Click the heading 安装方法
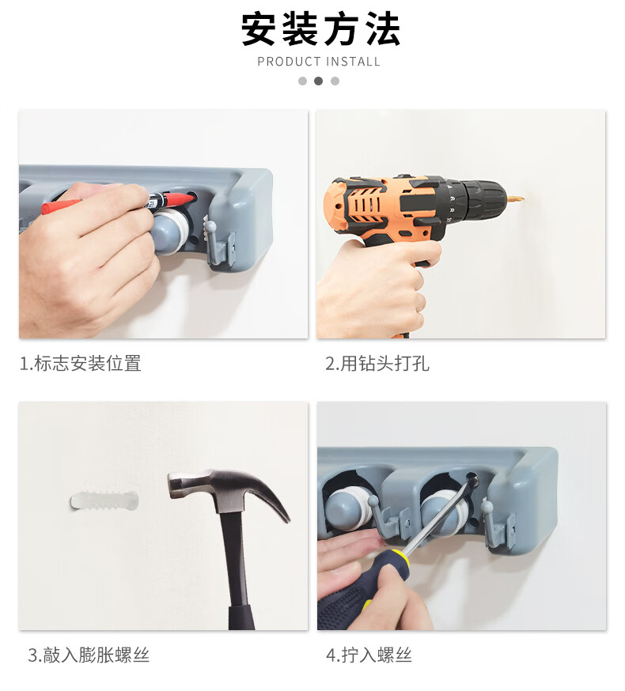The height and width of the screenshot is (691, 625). [x=320, y=29]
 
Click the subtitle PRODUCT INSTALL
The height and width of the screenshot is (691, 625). [x=319, y=62]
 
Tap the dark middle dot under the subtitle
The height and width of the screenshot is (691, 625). [x=319, y=81]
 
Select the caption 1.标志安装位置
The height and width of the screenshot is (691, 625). [x=80, y=364]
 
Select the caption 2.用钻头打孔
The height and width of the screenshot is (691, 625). [x=377, y=364]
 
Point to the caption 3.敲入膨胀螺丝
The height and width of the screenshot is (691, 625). [x=89, y=655]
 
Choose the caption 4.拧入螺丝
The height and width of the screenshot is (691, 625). [x=369, y=655]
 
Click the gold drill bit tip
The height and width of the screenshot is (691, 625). [x=516, y=198]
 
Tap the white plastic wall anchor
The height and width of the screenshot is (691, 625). [x=104, y=500]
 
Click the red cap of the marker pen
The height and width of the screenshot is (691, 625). [x=179, y=199]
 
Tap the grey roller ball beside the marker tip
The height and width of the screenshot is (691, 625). [x=170, y=232]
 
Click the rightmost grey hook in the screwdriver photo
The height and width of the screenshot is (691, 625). [x=498, y=524]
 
